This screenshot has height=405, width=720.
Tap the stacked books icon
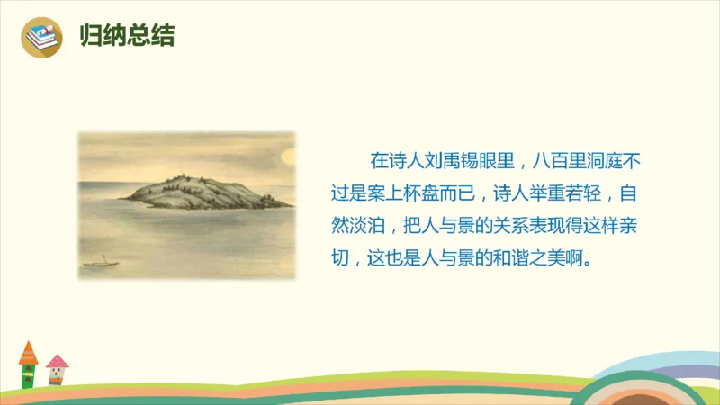point(41,38)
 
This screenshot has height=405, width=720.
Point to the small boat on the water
point(101,264)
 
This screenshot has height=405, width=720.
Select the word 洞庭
point(612,162)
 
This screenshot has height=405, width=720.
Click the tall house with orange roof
point(29,364)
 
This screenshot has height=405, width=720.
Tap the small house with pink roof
point(58,369)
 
